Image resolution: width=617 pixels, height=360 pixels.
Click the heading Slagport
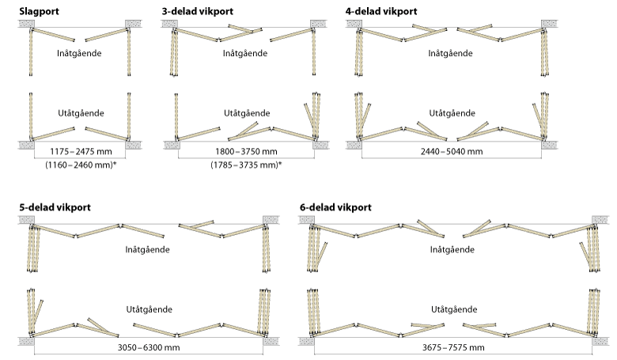pyautogui.click(x=39, y=11)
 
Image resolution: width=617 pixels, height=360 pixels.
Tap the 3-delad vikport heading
pyautogui.click(x=198, y=11)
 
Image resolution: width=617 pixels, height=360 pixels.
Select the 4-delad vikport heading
pyautogui.click(x=381, y=11)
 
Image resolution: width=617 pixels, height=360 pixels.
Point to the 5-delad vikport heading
pyautogui.click(x=55, y=207)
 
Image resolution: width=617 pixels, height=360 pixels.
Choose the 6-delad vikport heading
pyautogui.click(x=335, y=207)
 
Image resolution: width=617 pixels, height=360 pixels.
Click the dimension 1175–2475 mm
pyautogui.click(x=81, y=151)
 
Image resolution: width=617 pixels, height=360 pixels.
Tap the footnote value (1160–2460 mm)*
pyautogui.click(x=81, y=165)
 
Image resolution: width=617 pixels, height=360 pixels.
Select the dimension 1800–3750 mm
pyautogui.click(x=246, y=151)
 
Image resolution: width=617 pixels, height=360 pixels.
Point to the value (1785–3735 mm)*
pyautogui.click(x=246, y=165)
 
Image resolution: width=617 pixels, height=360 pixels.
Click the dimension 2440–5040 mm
pyautogui.click(x=452, y=151)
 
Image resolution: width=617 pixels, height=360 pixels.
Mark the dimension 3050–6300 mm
pyautogui.click(x=149, y=347)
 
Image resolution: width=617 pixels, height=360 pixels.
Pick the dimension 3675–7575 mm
pyautogui.click(x=453, y=347)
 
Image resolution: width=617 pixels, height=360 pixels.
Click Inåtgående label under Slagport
pyautogui.click(x=79, y=53)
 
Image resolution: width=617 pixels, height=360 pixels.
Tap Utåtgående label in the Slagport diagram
pyautogui.click(x=81, y=113)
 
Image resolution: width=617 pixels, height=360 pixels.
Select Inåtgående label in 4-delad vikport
pyautogui.click(x=451, y=53)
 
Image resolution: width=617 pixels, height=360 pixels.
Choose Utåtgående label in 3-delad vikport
pyautogui.click(x=247, y=113)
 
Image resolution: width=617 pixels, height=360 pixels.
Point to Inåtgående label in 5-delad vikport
pyautogui.click(x=148, y=249)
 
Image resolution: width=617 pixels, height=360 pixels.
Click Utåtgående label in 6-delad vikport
pyautogui.click(x=454, y=309)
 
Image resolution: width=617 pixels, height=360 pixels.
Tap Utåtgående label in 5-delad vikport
pyautogui.click(x=150, y=309)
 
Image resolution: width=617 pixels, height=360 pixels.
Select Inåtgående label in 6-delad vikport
pyautogui.click(x=452, y=249)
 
